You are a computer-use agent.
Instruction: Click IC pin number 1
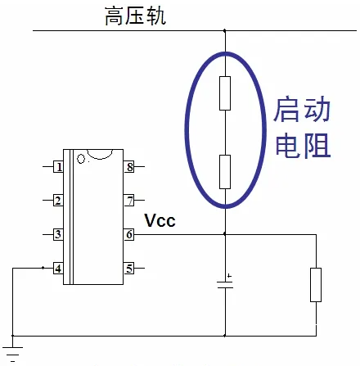(x=58, y=167)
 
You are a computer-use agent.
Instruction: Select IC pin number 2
(x=58, y=201)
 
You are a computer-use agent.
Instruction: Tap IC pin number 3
(x=58, y=234)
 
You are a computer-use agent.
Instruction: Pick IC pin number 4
(x=58, y=269)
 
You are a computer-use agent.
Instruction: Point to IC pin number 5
(x=129, y=269)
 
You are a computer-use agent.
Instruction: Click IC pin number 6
(x=129, y=234)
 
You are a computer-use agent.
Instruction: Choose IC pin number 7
(x=129, y=201)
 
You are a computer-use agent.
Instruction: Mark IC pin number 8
(x=129, y=167)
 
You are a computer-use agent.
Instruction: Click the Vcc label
(x=160, y=220)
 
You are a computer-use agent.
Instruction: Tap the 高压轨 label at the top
(x=135, y=16)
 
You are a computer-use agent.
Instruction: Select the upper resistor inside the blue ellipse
(x=225, y=93)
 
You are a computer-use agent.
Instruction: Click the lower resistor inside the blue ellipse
(x=225, y=172)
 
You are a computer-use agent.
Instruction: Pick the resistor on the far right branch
(x=316, y=285)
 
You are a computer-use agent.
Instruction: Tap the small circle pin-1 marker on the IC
(x=81, y=159)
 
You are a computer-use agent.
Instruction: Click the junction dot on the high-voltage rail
(x=225, y=30)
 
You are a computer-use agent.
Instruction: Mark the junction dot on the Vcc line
(x=225, y=234)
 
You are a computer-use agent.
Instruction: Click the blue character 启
(x=286, y=109)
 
